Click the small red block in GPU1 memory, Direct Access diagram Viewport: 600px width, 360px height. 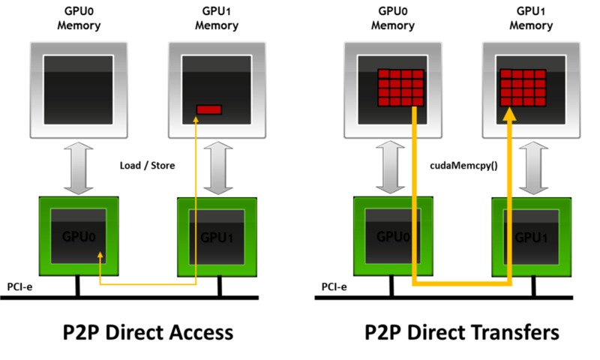[x=209, y=109]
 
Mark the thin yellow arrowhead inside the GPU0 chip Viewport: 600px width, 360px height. [x=100, y=258]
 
